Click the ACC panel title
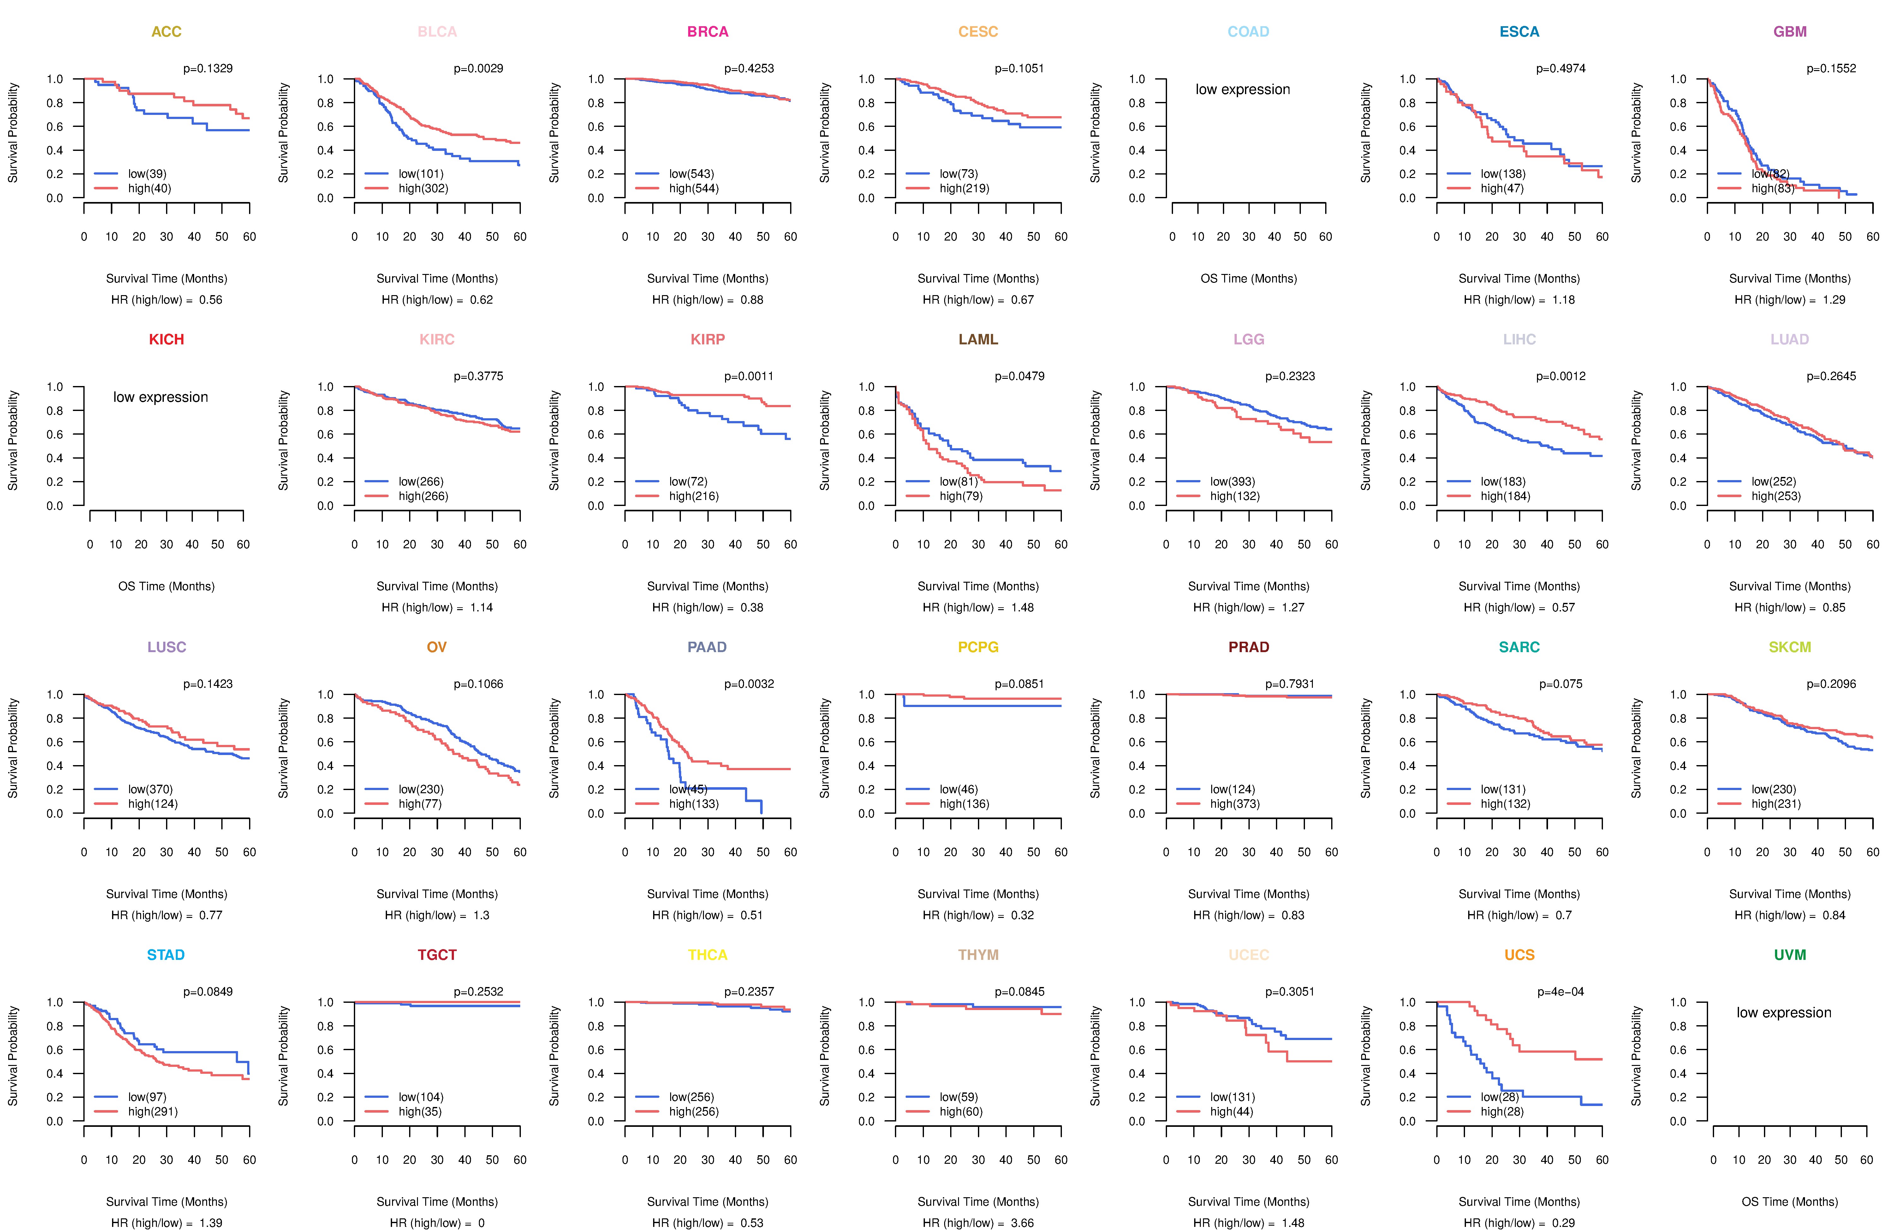pos(166,32)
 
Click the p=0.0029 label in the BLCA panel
pos(478,68)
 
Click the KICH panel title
pos(166,340)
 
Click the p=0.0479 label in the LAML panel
pos(1019,376)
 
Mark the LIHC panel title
pos(1519,340)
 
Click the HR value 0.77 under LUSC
pos(211,915)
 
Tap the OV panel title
pos(437,647)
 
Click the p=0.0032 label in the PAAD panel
pos(749,684)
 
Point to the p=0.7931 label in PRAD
pos(1290,684)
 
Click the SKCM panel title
pos(1790,647)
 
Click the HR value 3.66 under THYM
pos(1022,1223)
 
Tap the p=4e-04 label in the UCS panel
pos(1561,992)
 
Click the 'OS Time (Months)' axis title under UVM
pos(1790,1202)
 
